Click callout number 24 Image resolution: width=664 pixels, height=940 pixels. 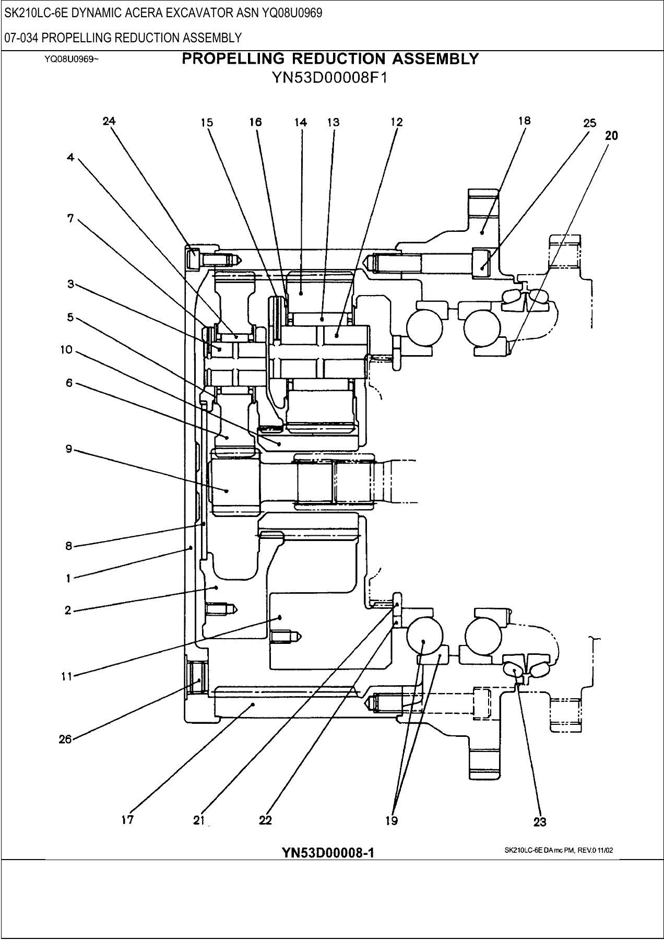[x=109, y=121]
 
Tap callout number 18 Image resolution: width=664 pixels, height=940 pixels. [x=525, y=121]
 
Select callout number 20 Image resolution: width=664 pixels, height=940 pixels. [x=611, y=136]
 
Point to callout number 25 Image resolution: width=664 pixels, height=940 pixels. [x=589, y=123]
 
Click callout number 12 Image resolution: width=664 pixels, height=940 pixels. [x=397, y=122]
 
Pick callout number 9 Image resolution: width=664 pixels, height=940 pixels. [x=69, y=449]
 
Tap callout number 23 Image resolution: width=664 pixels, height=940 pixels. [x=540, y=822]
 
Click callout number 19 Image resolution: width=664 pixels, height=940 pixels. [x=392, y=821]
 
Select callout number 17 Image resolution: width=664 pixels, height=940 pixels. [x=127, y=820]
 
